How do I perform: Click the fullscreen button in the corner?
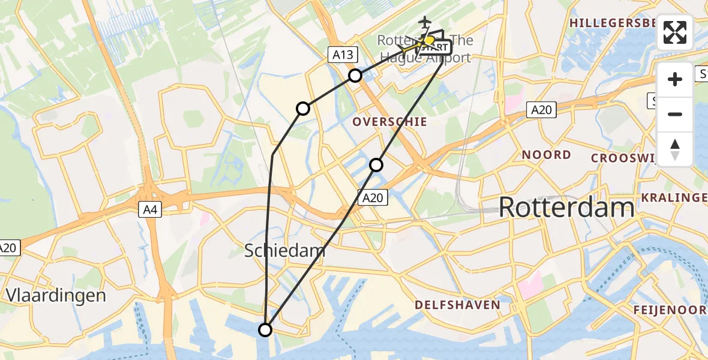tap(675, 32)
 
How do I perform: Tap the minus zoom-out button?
tap(675, 114)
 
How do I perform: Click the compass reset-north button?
tap(675, 149)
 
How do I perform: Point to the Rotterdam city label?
tap(566, 208)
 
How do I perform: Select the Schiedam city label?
tap(285, 251)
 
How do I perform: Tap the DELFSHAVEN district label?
tap(458, 305)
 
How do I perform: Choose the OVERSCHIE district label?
tap(390, 122)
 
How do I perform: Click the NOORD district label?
tap(546, 155)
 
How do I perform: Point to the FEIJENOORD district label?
tap(671, 310)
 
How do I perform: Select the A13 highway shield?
tap(343, 55)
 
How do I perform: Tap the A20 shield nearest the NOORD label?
tap(542, 110)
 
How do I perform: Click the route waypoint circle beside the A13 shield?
tap(355, 76)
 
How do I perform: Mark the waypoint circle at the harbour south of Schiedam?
tap(265, 329)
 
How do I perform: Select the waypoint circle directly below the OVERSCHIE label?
tap(376, 164)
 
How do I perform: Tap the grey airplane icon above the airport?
tap(425, 22)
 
